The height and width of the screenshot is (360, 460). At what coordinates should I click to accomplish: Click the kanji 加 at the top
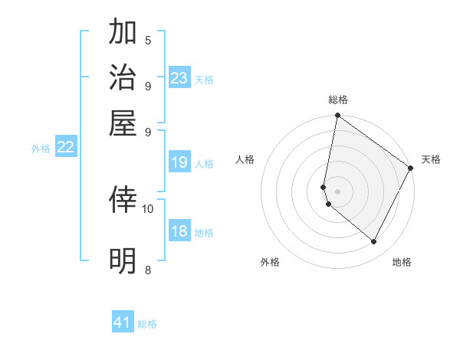point(124,34)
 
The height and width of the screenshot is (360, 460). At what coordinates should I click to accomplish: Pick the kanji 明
point(124,261)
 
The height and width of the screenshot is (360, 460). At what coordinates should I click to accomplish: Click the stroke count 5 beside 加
point(148,40)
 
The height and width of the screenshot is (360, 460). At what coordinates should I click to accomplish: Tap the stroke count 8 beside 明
point(148,269)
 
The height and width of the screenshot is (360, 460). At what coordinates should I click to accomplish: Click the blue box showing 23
point(179,78)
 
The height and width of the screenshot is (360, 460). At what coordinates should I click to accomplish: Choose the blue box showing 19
point(179,162)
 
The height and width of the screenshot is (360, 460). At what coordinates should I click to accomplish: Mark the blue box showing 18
point(179,231)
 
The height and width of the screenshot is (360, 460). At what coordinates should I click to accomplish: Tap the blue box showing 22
point(65,147)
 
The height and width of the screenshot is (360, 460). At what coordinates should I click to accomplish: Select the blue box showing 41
point(123,322)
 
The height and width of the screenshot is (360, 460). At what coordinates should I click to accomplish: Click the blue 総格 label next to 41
point(147,324)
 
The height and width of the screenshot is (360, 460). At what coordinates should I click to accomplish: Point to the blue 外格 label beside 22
point(41,149)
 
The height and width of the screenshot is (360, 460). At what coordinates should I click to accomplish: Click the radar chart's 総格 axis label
point(338,100)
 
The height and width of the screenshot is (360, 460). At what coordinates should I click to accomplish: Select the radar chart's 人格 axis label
point(245,159)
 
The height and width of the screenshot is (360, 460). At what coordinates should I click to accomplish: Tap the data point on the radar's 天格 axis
point(411,168)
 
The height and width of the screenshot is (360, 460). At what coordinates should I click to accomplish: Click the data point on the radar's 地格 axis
point(374,242)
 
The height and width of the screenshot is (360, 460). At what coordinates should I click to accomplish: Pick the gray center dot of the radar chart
point(338,191)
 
